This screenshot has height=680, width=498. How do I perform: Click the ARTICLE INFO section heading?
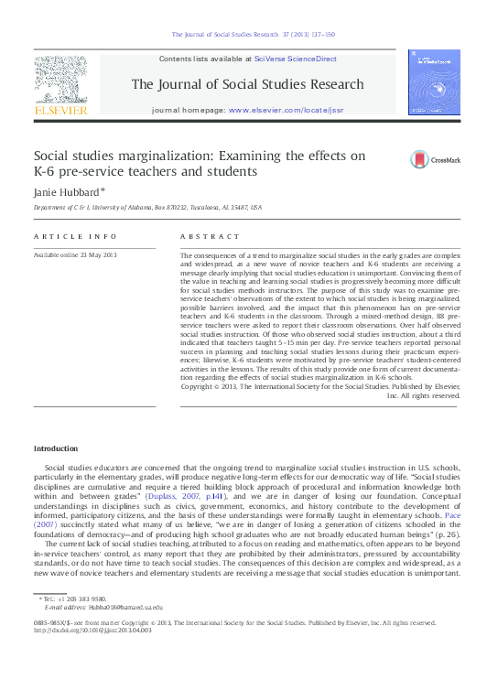(x=69, y=236)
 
